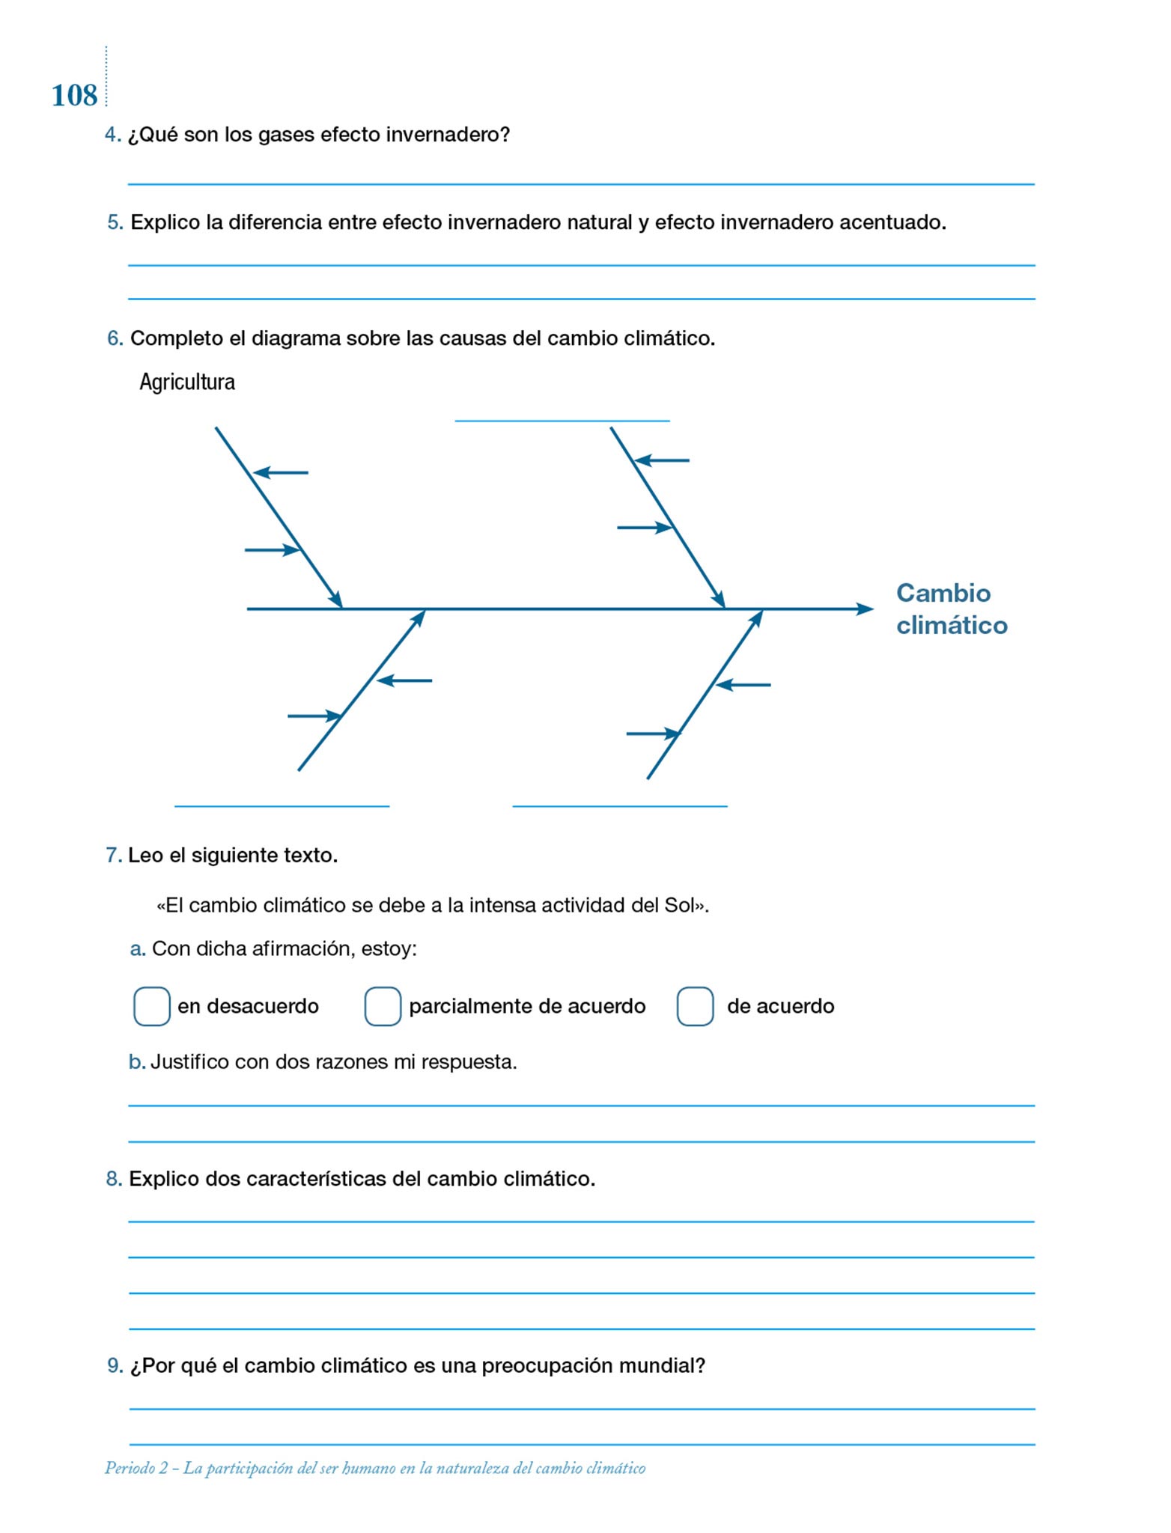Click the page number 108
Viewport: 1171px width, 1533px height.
point(74,96)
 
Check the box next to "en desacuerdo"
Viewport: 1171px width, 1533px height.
point(151,1005)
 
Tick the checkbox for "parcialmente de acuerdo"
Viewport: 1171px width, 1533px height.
point(383,1005)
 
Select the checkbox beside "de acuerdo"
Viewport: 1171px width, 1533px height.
point(695,1005)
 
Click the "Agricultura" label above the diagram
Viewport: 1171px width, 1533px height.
point(187,383)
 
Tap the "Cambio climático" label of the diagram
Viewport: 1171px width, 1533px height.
point(951,609)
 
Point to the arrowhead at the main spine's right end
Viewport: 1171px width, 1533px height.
point(866,609)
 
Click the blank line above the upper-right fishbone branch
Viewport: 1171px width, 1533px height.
point(562,420)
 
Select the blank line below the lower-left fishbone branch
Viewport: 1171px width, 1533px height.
point(282,805)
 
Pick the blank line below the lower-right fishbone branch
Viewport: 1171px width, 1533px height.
point(619,805)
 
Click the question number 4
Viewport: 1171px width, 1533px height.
point(112,135)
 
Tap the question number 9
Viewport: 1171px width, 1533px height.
point(115,1365)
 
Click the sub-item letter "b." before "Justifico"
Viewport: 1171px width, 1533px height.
point(137,1062)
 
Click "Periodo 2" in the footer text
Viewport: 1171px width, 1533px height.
point(136,1468)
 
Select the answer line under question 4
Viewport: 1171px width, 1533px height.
point(581,183)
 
